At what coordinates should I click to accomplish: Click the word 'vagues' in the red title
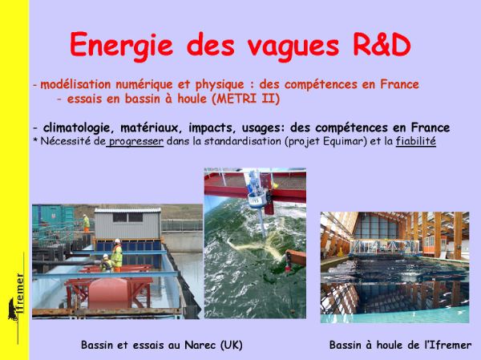(293, 47)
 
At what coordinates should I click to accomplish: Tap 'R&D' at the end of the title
(382, 45)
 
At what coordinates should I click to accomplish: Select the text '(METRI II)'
(245, 99)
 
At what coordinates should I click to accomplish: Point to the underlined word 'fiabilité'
(415, 141)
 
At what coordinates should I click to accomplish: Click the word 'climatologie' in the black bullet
(75, 127)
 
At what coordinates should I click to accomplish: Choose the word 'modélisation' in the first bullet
(75, 84)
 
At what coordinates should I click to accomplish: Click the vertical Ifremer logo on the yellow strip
(17, 297)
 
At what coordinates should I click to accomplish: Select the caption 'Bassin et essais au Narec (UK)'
(162, 345)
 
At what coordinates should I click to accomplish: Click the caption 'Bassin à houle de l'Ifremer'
(400, 345)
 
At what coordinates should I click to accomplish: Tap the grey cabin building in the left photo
(127, 224)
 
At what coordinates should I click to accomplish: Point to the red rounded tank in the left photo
(108, 293)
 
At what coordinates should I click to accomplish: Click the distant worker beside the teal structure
(87, 223)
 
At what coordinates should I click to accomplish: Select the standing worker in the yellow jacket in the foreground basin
(116, 255)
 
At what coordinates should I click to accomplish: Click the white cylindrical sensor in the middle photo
(257, 199)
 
